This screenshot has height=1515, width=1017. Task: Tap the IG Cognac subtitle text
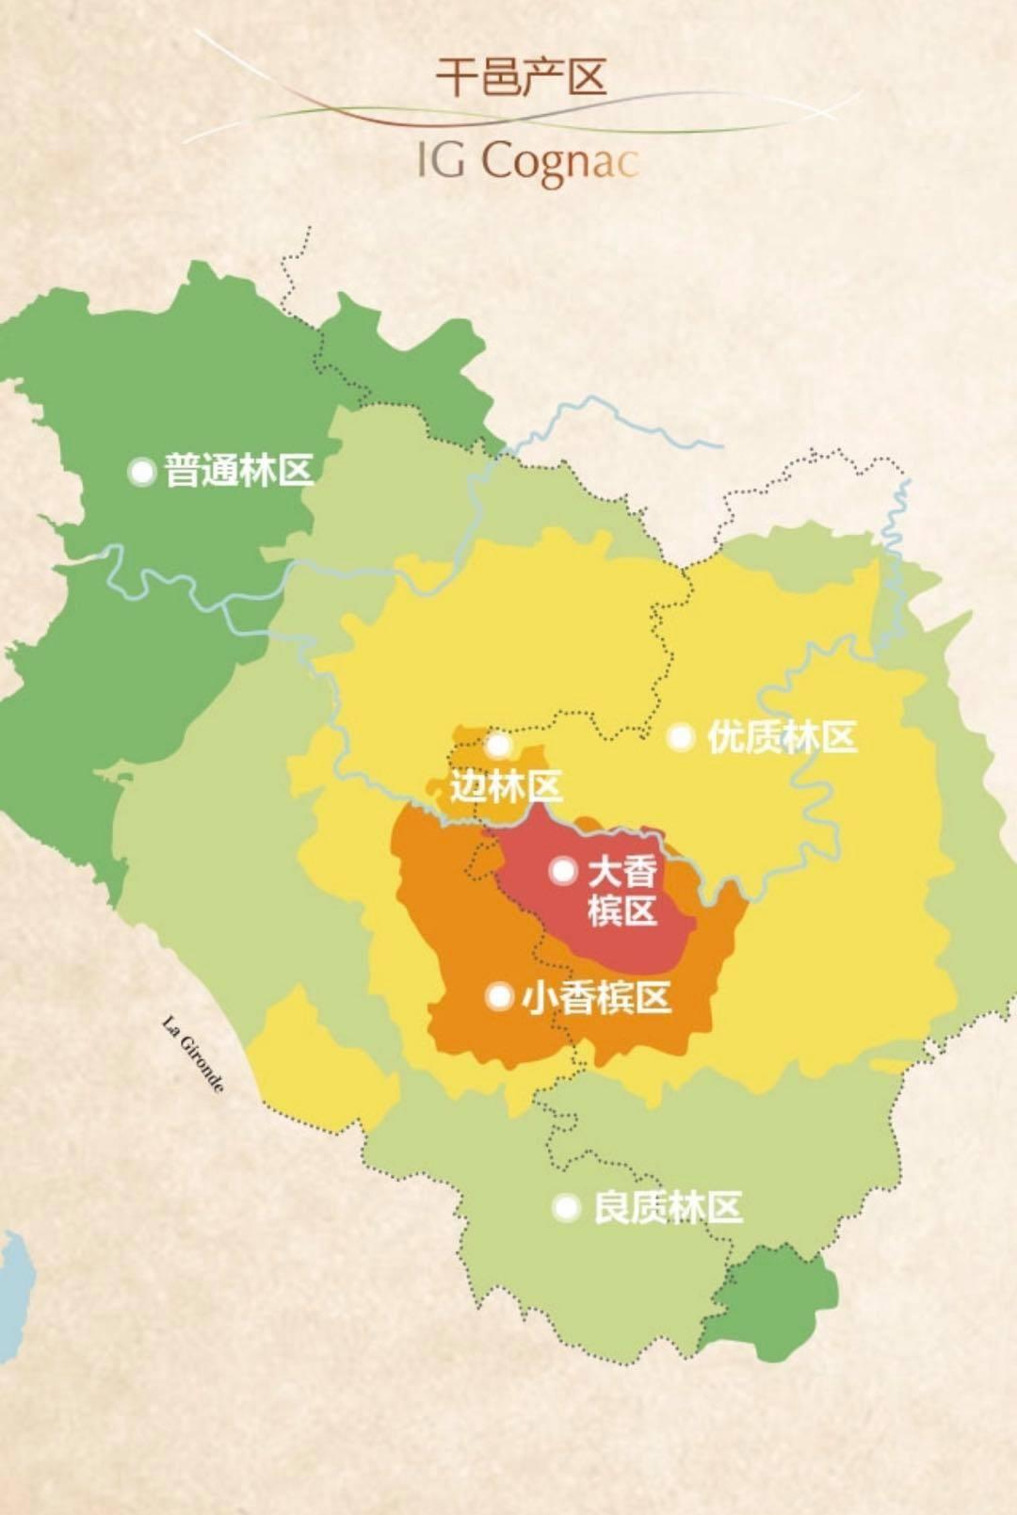pos(527,162)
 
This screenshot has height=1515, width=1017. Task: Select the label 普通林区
pos(238,470)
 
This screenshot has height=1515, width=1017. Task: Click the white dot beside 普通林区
pos(142,471)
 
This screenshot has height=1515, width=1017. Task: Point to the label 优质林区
pos(782,737)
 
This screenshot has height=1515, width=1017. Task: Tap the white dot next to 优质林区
pos(681,737)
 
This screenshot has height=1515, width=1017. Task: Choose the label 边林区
pos(506,785)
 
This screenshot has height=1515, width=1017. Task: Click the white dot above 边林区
pos(498,746)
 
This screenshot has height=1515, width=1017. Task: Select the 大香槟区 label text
pos(621,891)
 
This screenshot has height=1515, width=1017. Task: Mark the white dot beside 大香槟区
pos(562,871)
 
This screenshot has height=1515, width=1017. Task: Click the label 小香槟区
pos(596,997)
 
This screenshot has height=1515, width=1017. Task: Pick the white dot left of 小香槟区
pos(499,996)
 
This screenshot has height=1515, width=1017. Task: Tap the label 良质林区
pos(668,1207)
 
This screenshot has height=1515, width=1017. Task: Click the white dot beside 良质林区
pos(566,1207)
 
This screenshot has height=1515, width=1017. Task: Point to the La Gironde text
pos(194,1054)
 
